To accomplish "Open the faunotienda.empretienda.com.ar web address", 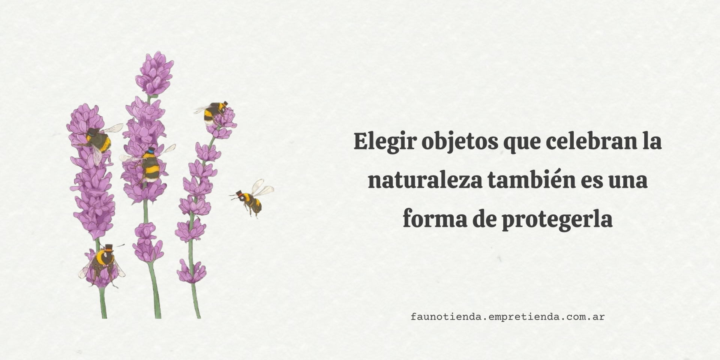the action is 508,317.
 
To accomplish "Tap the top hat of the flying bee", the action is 238,193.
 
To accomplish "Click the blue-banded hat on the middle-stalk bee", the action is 151,150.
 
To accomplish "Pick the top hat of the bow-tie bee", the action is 108,247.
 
